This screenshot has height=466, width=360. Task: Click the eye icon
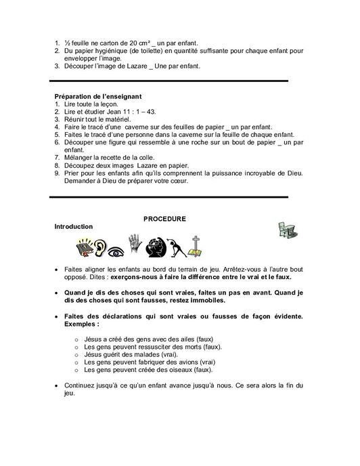click(x=117, y=248)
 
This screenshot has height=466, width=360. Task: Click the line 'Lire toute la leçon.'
click(x=88, y=105)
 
